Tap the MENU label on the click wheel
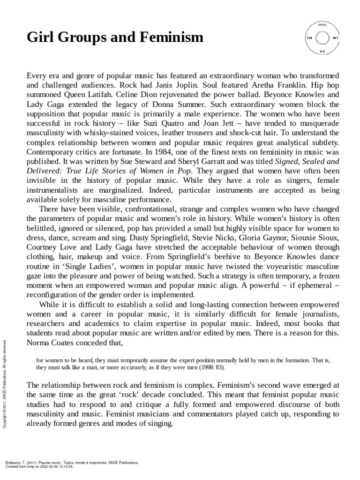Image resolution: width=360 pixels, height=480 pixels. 322,24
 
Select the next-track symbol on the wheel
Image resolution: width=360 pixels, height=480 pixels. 336,37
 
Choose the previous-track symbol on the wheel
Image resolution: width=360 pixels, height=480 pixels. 309,37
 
